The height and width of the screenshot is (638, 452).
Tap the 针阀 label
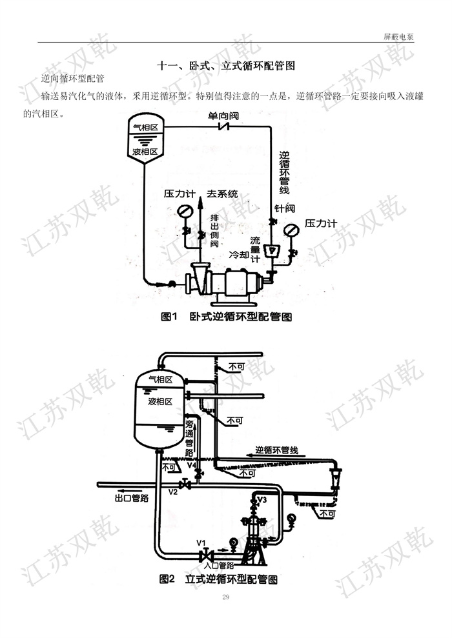(284, 209)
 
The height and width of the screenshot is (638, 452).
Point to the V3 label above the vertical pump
(262, 499)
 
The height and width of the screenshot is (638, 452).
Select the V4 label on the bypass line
(191, 465)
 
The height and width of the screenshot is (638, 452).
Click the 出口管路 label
(132, 498)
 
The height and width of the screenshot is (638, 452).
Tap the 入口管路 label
(219, 564)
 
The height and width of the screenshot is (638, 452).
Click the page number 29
(225, 597)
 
